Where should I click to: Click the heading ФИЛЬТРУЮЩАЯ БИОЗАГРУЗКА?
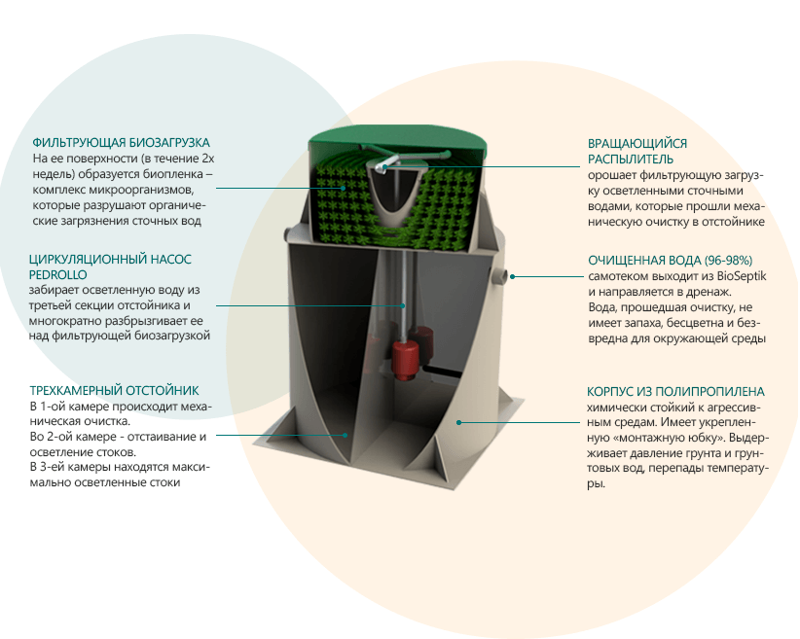(x=121, y=142)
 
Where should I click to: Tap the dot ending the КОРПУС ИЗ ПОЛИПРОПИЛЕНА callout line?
(x=460, y=422)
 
